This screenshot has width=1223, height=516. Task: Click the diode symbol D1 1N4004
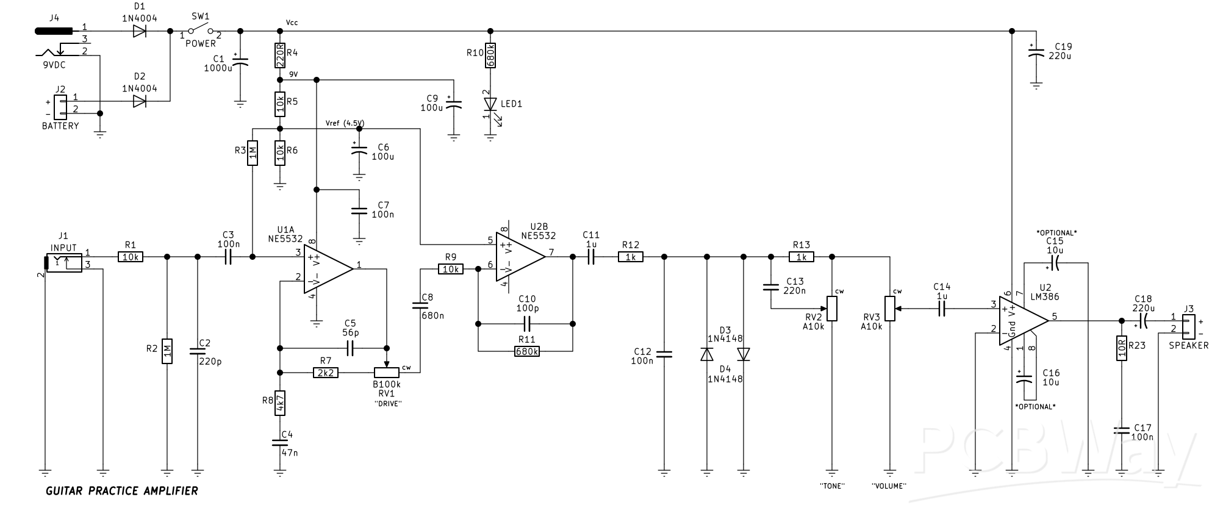pos(140,30)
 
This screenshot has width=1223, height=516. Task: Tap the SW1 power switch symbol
pos(200,30)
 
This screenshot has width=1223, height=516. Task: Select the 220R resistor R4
pos(280,55)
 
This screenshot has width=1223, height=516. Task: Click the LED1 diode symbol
pos(490,104)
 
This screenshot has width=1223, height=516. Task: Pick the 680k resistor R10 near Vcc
pos(490,55)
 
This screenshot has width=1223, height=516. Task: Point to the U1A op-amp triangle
pos(326,268)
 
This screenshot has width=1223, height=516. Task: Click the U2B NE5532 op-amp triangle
pos(519,257)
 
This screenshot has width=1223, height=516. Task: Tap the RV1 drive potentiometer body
pos(386,372)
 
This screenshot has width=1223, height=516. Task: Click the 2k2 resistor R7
pos(325,372)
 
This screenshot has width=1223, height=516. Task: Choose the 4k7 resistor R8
pos(280,403)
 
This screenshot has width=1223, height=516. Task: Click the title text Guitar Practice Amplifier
pos(122,491)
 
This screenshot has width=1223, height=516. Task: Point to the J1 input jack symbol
pos(64,262)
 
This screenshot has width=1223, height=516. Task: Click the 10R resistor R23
pos(1121,348)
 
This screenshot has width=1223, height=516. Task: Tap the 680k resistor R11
pos(526,351)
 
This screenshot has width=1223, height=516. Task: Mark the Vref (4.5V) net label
pos(345,123)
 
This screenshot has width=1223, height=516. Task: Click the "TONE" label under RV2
pos(831,486)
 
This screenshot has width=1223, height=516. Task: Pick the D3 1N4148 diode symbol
pos(707,354)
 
